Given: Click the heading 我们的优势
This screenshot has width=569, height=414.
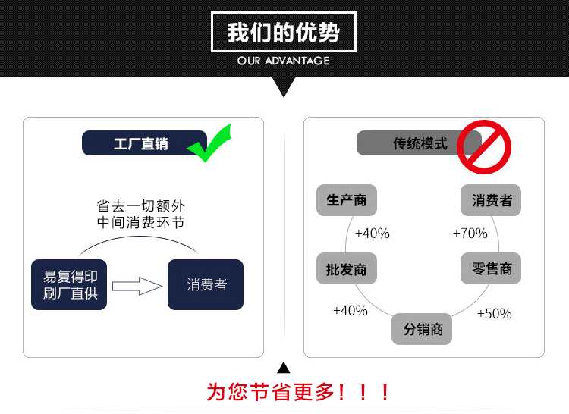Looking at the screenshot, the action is point(284,33).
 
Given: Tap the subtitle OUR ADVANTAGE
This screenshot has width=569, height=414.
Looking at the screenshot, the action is point(284,61).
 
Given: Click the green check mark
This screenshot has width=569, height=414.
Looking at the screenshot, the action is point(209,144).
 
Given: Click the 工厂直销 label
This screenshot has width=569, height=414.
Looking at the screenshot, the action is point(141,143).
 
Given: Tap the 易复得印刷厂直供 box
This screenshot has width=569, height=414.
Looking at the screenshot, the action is point(70,284).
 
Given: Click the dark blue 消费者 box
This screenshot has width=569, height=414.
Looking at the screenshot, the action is point(206,284).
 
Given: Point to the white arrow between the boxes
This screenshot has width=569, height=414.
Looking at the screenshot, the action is point(137,286).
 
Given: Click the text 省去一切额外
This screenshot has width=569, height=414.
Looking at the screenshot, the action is point(140,205).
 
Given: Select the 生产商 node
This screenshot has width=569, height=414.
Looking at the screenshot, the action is point(347,200).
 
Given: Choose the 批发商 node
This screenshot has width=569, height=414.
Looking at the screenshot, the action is point(347,268).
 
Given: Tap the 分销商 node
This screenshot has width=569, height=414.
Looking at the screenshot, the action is point(423,329).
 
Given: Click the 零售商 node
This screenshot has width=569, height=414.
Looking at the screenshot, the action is point(492,268).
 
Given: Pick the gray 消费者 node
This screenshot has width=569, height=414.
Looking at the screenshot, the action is point(492,200).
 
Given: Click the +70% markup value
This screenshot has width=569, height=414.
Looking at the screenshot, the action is point(470,234).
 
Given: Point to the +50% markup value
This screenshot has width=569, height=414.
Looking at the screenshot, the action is point(494,313).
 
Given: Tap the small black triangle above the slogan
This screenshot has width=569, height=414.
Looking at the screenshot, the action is point(284,369).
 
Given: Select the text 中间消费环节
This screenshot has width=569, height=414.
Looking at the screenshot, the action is point(140,223).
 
